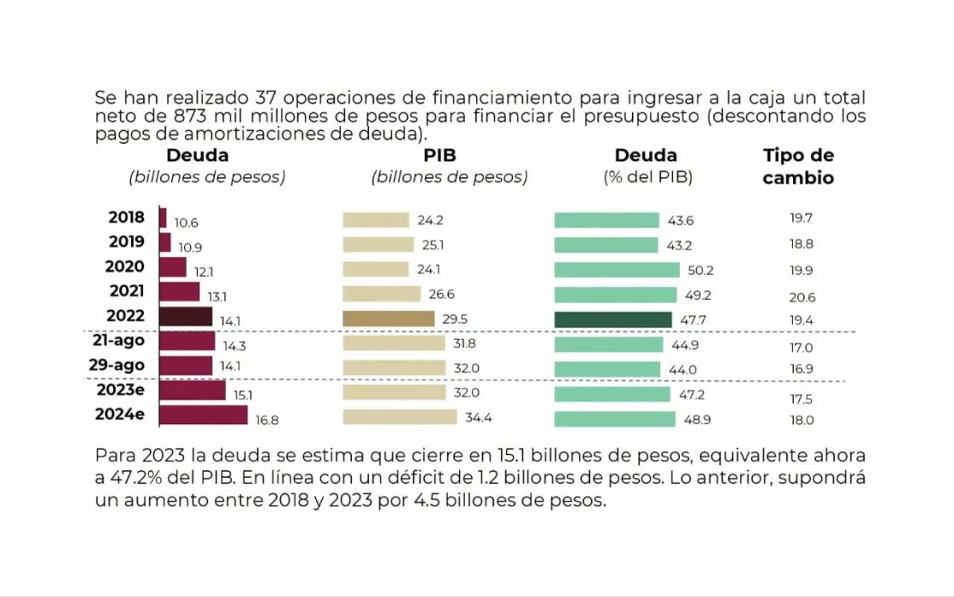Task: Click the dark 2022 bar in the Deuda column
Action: (x=187, y=317)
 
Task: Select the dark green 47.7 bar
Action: (x=613, y=319)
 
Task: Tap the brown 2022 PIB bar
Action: (x=388, y=319)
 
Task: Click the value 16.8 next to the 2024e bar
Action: (x=267, y=420)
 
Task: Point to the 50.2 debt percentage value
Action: (x=700, y=270)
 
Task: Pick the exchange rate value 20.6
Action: (x=802, y=297)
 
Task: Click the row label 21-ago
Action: (x=118, y=340)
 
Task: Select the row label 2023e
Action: (x=120, y=389)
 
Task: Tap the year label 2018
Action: (x=127, y=217)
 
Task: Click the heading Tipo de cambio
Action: (x=798, y=166)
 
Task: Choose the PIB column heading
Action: (x=440, y=155)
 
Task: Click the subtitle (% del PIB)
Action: (x=647, y=177)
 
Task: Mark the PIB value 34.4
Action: (x=478, y=417)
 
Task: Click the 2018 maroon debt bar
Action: (x=163, y=218)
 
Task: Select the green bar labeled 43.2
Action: (x=606, y=245)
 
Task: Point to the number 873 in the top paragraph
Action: (x=192, y=116)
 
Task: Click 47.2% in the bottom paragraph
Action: (x=136, y=478)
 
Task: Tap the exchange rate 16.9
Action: (x=802, y=369)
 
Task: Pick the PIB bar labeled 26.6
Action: (x=382, y=294)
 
